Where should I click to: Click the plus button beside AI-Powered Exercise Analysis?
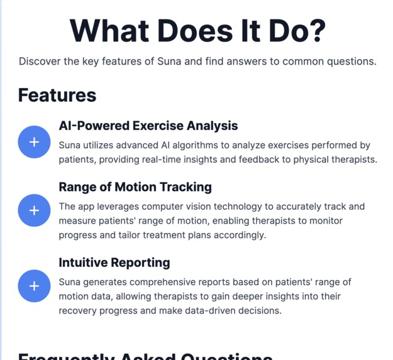tap(34, 142)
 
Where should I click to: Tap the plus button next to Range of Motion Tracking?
tap(34, 210)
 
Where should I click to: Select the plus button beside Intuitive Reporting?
tap(34, 286)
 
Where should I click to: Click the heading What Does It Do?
tap(197, 30)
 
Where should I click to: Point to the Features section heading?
tap(57, 95)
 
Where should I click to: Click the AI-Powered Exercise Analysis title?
tap(148, 126)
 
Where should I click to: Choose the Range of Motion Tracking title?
tap(135, 187)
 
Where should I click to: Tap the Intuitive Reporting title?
tap(114, 262)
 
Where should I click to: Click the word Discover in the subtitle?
tap(41, 62)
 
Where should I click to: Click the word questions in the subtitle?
tap(350, 62)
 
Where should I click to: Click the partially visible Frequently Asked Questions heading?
tap(145, 356)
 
